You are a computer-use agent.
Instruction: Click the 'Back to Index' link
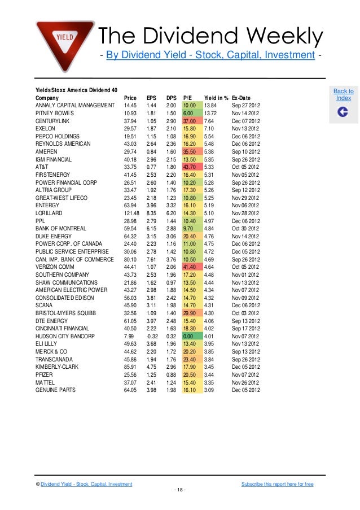pyautogui.click(x=343, y=94)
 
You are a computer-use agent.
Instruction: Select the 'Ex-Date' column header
pyautogui.click(x=241, y=98)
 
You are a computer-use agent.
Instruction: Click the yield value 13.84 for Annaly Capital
pyautogui.click(x=210, y=106)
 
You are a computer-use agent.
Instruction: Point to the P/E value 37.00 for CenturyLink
pyautogui.click(x=190, y=121)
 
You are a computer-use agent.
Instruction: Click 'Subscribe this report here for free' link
pyautogui.click(x=277, y=484)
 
